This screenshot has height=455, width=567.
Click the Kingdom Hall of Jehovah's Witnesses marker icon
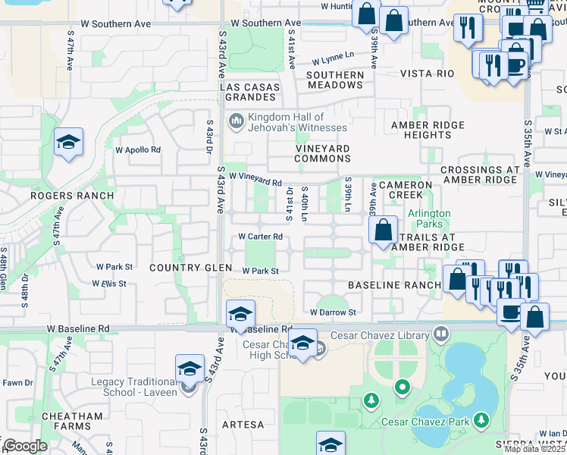pyautogui.click(x=236, y=121)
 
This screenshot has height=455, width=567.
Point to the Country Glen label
pyautogui.click(x=186, y=268)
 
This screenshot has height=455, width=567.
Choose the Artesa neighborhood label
pyautogui.click(x=243, y=425)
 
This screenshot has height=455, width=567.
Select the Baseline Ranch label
pyautogui.click(x=394, y=285)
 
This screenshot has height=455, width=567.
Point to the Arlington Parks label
pyautogui.click(x=430, y=219)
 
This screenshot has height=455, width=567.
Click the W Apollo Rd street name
pyautogui.click(x=138, y=150)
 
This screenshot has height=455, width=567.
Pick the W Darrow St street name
pyautogui.click(x=333, y=312)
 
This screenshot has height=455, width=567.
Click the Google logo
pyautogui.click(x=24, y=446)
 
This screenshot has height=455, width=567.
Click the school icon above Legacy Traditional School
pyautogui.click(x=190, y=369)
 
